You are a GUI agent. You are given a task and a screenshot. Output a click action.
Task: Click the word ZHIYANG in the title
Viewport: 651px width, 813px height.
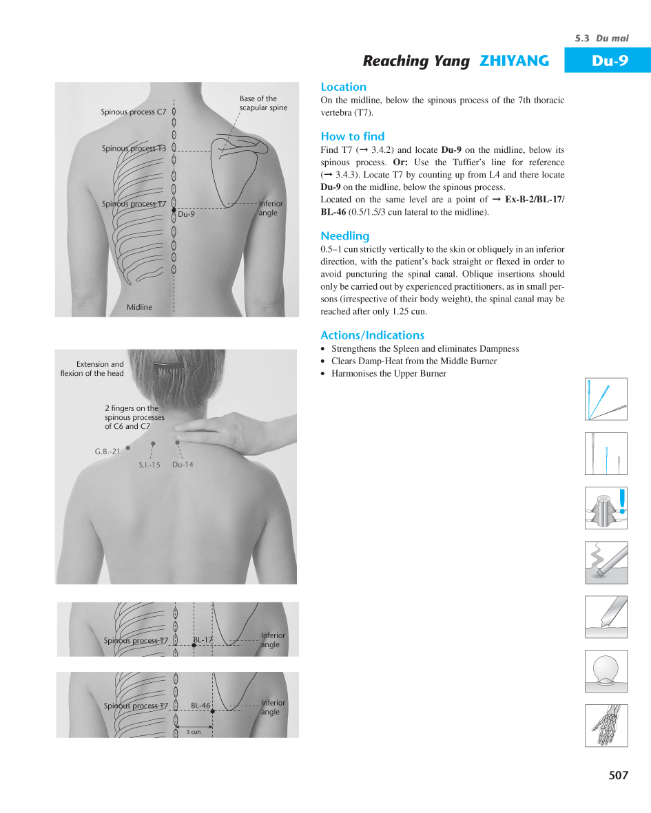pyautogui.click(x=514, y=61)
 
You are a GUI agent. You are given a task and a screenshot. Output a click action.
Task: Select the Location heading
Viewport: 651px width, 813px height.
pyautogui.click(x=343, y=87)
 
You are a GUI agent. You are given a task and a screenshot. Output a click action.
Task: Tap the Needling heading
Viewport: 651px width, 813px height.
pyautogui.click(x=344, y=236)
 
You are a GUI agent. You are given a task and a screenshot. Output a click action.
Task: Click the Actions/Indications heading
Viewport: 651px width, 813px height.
pyautogui.click(x=372, y=335)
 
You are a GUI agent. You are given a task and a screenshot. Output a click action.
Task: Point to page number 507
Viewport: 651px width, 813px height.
pyautogui.click(x=618, y=775)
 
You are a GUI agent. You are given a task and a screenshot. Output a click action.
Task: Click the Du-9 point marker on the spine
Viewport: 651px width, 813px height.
pyautogui.click(x=174, y=209)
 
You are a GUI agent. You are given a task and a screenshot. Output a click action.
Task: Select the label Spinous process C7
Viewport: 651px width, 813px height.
pyautogui.click(x=134, y=112)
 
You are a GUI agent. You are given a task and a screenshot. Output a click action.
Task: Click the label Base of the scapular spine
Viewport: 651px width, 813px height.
pyautogui.click(x=263, y=103)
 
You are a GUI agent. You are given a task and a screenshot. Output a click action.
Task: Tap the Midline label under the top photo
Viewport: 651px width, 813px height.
pyautogui.click(x=139, y=307)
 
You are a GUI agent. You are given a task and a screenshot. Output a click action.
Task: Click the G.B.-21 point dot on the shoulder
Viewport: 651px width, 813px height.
pyautogui.click(x=128, y=447)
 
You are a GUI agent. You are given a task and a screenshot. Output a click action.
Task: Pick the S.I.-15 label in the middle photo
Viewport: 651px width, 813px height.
pyautogui.click(x=149, y=465)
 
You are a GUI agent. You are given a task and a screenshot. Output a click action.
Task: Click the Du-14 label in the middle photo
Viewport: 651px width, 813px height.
pyautogui.click(x=183, y=465)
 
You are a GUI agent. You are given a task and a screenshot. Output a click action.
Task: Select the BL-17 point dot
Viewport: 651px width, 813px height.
pyautogui.click(x=194, y=646)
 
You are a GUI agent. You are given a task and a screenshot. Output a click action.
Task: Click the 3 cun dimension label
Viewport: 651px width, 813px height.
pyautogui.click(x=194, y=732)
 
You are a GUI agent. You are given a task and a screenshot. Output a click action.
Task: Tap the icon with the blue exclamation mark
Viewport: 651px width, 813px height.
pyautogui.click(x=606, y=508)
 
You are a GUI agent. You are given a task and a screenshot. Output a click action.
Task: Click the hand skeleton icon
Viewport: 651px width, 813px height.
pyautogui.click(x=606, y=725)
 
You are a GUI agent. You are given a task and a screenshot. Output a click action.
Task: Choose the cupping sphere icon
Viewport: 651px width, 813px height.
pyautogui.click(x=606, y=671)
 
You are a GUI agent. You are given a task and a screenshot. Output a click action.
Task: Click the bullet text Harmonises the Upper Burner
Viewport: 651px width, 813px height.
pyautogui.click(x=389, y=374)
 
